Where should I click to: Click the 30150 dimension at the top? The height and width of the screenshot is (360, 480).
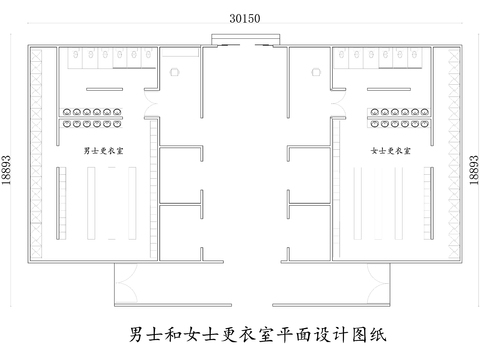240,18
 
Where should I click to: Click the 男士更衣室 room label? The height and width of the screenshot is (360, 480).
104,151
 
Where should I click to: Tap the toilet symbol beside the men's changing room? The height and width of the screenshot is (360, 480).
173,73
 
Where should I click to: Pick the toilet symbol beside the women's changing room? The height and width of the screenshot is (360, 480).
316,73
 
